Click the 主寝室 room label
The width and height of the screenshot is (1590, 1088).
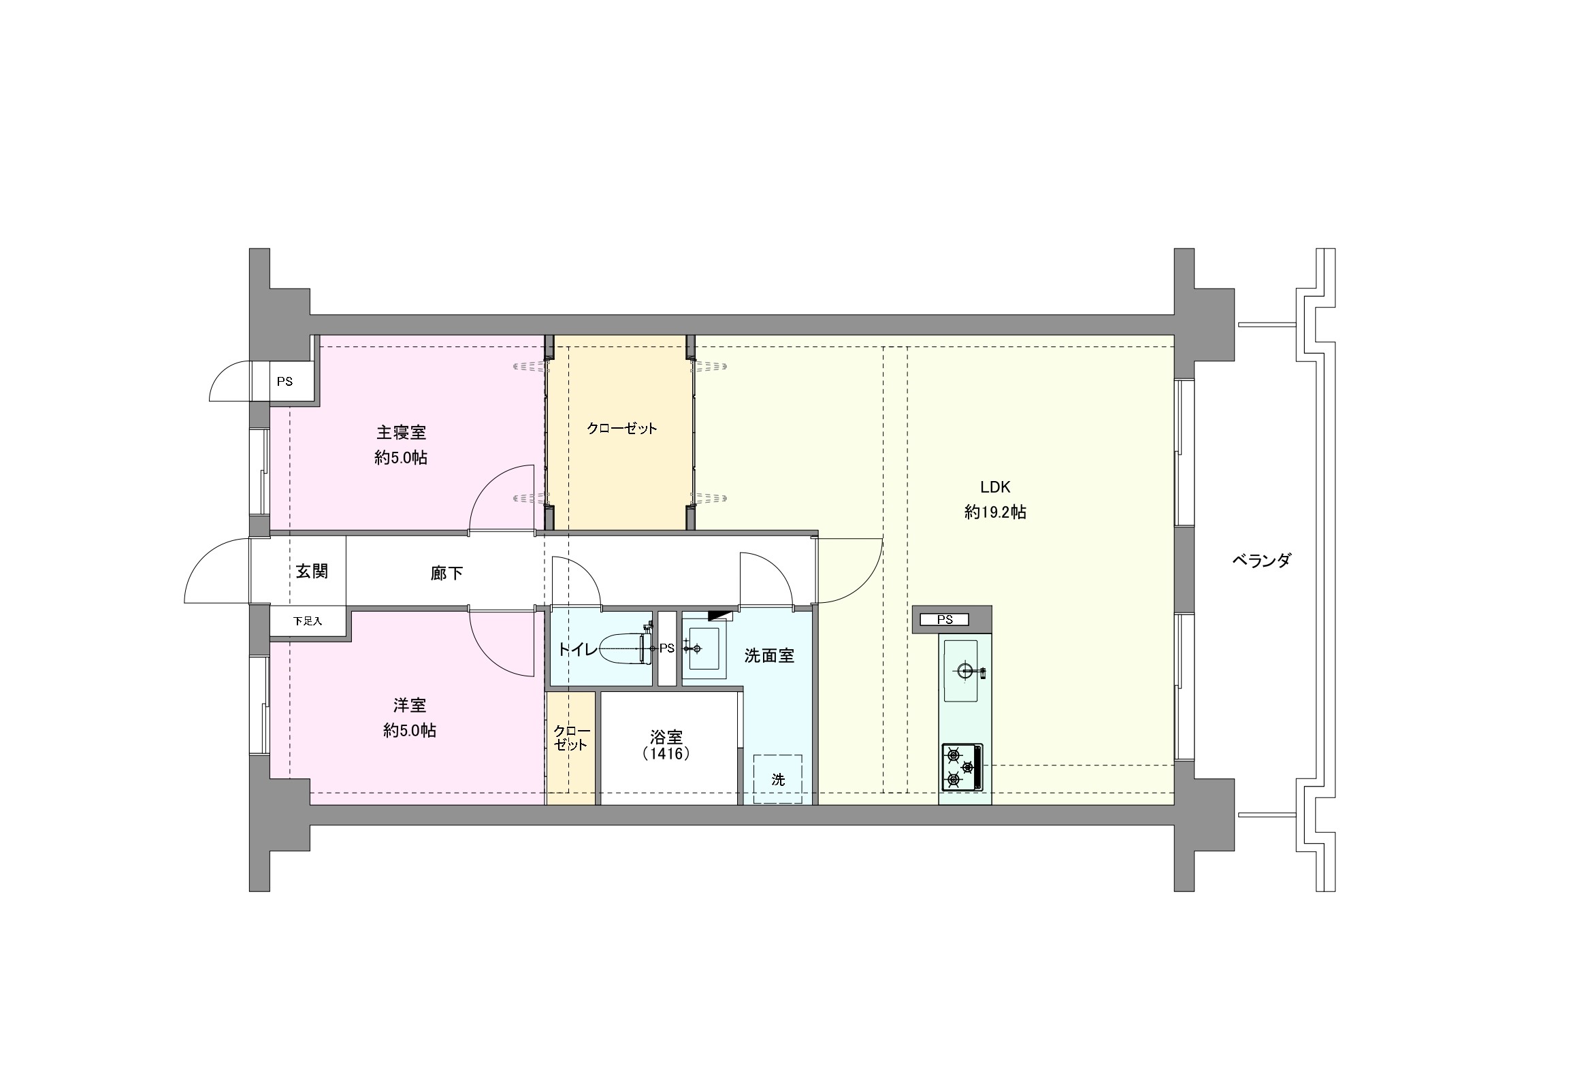pyautogui.click(x=401, y=432)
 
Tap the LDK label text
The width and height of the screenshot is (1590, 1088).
pyautogui.click(x=995, y=487)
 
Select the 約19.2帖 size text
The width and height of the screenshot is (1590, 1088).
pyautogui.click(x=995, y=512)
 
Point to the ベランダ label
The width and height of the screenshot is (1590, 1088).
pyautogui.click(x=1262, y=560)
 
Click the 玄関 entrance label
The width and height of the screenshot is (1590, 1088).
pyautogui.click(x=311, y=571)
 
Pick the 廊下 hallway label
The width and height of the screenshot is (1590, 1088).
pyautogui.click(x=447, y=573)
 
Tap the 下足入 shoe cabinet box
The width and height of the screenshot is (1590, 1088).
pyautogui.click(x=308, y=622)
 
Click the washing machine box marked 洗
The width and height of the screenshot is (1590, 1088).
pyautogui.click(x=778, y=779)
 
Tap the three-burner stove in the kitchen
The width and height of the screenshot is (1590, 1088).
pyautogui.click(x=962, y=768)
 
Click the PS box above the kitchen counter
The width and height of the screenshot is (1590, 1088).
pyautogui.click(x=945, y=620)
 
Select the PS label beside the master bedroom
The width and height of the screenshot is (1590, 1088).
pyautogui.click(x=285, y=382)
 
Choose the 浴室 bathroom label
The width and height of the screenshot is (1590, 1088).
pyautogui.click(x=666, y=737)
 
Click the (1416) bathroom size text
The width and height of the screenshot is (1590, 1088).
pyautogui.click(x=666, y=754)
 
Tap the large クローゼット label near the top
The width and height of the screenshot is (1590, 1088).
pyautogui.click(x=622, y=429)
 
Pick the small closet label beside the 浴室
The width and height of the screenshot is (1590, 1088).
pyautogui.click(x=571, y=738)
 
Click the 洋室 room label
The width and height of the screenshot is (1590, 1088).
pyautogui.click(x=410, y=704)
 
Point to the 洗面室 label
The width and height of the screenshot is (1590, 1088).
pyautogui.click(x=769, y=656)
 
